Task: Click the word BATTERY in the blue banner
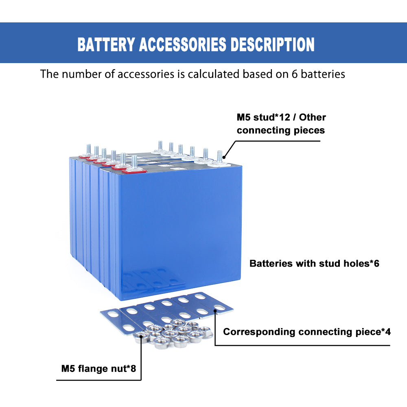tap(106, 45)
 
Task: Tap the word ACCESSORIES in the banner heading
tap(182, 45)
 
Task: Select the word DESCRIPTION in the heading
tap(272, 45)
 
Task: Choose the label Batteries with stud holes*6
tap(314, 263)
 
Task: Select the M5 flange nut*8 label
tap(98, 369)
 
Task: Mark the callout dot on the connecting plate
tap(215, 312)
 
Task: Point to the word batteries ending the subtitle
tap(323, 74)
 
